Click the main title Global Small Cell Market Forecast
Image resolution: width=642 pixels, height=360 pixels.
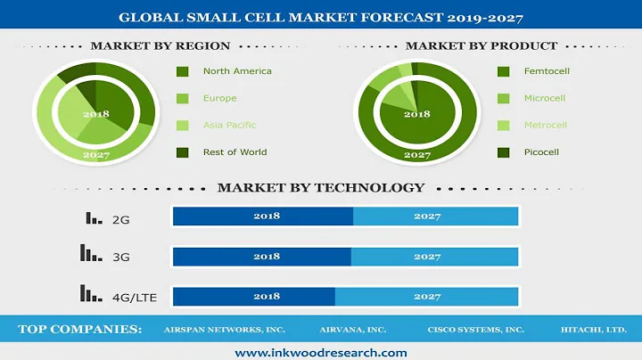(x=321, y=17)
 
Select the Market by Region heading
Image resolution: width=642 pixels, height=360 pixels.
(x=160, y=45)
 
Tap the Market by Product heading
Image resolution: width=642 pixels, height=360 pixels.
(x=481, y=45)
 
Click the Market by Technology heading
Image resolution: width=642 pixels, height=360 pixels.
(x=321, y=188)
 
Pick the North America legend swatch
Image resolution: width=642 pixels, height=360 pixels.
(x=183, y=71)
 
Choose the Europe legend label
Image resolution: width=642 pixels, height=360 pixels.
(x=219, y=98)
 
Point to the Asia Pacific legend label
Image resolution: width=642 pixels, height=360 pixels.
(x=229, y=125)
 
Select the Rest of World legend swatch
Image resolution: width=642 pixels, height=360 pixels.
(x=183, y=151)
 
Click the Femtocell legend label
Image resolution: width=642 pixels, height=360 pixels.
(x=545, y=71)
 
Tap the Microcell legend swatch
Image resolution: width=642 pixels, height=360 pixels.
(x=503, y=98)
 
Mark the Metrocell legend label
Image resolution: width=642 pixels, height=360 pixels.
(x=545, y=125)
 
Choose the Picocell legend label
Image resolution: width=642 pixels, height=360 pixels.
(x=541, y=151)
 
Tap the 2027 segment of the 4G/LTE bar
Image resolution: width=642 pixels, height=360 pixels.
(x=426, y=296)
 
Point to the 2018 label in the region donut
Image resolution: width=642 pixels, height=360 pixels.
(x=95, y=114)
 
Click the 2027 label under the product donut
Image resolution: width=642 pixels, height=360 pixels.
(x=416, y=154)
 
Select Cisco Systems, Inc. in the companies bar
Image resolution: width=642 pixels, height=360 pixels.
(x=475, y=329)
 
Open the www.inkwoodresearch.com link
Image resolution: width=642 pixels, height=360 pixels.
(x=321, y=352)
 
